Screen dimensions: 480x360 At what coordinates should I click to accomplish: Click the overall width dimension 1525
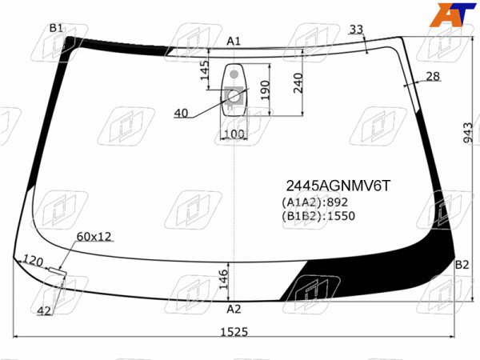pyautogui.click(x=234, y=332)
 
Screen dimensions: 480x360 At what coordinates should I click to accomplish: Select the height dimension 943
pyautogui.click(x=468, y=133)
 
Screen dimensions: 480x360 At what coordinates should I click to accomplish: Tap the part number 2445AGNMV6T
pyautogui.click(x=338, y=186)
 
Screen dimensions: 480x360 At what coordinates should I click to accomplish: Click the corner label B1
pyautogui.click(x=56, y=28)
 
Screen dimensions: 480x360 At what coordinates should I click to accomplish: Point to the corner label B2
pyautogui.click(x=462, y=265)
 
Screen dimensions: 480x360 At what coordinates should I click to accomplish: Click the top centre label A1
pyautogui.click(x=234, y=41)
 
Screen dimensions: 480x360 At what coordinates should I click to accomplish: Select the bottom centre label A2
pyautogui.click(x=234, y=309)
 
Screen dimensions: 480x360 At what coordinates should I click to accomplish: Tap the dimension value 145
pyautogui.click(x=205, y=70)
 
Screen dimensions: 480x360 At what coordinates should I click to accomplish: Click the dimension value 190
pyautogui.click(x=265, y=90)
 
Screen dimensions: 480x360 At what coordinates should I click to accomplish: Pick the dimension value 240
pyautogui.click(x=298, y=82)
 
